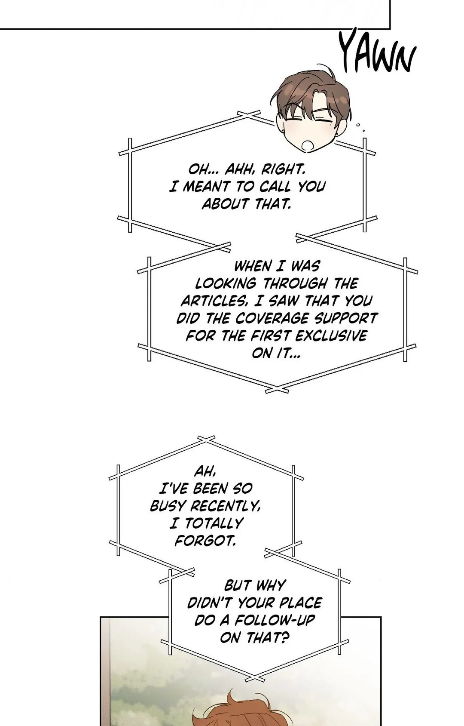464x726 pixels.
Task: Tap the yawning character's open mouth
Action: pos(308,145)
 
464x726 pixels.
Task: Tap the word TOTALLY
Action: pos(214,523)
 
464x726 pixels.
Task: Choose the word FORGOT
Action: pos(205,541)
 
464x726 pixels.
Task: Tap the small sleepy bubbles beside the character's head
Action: pos(360,127)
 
